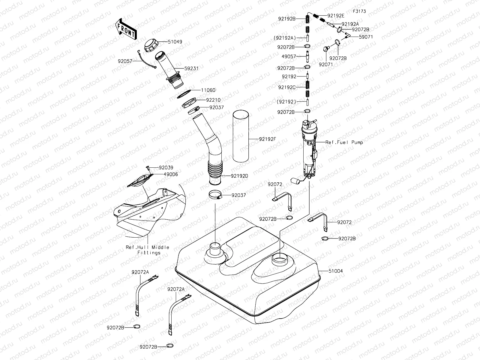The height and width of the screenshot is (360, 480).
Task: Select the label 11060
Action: tap(208, 90)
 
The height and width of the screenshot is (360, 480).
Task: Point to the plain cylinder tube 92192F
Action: tap(241, 136)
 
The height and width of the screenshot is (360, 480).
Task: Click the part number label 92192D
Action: tap(239, 176)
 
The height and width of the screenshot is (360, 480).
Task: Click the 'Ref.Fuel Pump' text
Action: tap(344, 142)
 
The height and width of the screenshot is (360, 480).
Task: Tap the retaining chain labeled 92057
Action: tap(148, 60)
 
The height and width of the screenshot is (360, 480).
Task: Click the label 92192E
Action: tap(336, 15)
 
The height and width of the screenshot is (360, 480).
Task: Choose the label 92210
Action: tap(213, 100)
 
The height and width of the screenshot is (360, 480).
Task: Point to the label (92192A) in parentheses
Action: tap(285, 38)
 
